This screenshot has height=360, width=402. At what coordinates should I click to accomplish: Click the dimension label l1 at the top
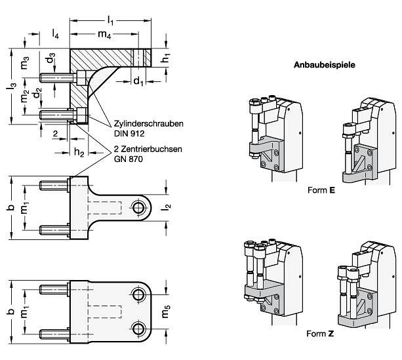point(110,20)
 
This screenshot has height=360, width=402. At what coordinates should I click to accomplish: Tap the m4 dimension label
point(104,34)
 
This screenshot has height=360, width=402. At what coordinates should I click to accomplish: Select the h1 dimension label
point(166,58)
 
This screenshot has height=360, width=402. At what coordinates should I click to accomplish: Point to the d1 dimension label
point(138,81)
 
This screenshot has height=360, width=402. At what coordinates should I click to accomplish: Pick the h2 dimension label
point(79,152)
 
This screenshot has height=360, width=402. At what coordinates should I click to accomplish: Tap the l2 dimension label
point(167,207)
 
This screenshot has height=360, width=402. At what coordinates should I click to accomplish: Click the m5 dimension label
point(166,311)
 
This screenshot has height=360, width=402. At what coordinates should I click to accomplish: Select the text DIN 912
point(129,134)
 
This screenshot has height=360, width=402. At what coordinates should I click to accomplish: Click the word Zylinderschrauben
point(149,124)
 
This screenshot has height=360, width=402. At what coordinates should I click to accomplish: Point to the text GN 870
point(128,159)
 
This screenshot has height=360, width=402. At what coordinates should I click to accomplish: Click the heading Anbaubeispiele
point(325,65)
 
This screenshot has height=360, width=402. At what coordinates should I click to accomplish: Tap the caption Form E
point(321,190)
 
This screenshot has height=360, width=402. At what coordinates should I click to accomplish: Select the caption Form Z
point(320,334)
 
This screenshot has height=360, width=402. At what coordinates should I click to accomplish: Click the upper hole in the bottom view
point(139,294)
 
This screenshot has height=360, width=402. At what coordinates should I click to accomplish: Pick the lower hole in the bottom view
point(139,329)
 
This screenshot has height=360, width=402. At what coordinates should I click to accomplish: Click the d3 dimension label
point(50,58)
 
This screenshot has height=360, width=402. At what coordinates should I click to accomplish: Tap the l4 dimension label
point(55,34)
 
